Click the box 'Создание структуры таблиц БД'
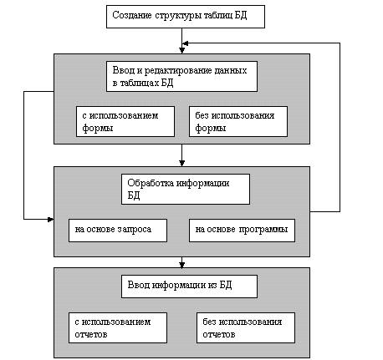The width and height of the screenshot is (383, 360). click(x=186, y=17)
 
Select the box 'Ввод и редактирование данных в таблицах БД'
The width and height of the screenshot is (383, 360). click(x=181, y=77)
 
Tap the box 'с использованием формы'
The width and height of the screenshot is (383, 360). click(x=125, y=121)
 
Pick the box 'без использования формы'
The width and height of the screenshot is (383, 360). click(x=238, y=121)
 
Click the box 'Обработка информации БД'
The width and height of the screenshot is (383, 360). click(x=186, y=190)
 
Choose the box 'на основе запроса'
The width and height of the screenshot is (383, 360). click(x=118, y=231)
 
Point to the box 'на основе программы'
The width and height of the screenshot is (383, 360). click(x=242, y=231)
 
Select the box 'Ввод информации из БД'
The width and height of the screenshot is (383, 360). click(x=189, y=286)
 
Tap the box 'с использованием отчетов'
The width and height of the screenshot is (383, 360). click(x=118, y=327)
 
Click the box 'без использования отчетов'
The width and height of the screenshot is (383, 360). click(x=246, y=327)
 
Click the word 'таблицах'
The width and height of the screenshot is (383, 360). click(x=140, y=84)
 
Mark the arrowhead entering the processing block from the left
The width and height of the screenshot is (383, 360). click(x=50, y=220)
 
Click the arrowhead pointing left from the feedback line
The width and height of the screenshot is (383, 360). click(x=185, y=43)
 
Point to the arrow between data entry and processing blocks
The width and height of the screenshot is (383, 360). click(x=181, y=155)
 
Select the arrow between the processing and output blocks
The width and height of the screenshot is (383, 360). click(x=181, y=262)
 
